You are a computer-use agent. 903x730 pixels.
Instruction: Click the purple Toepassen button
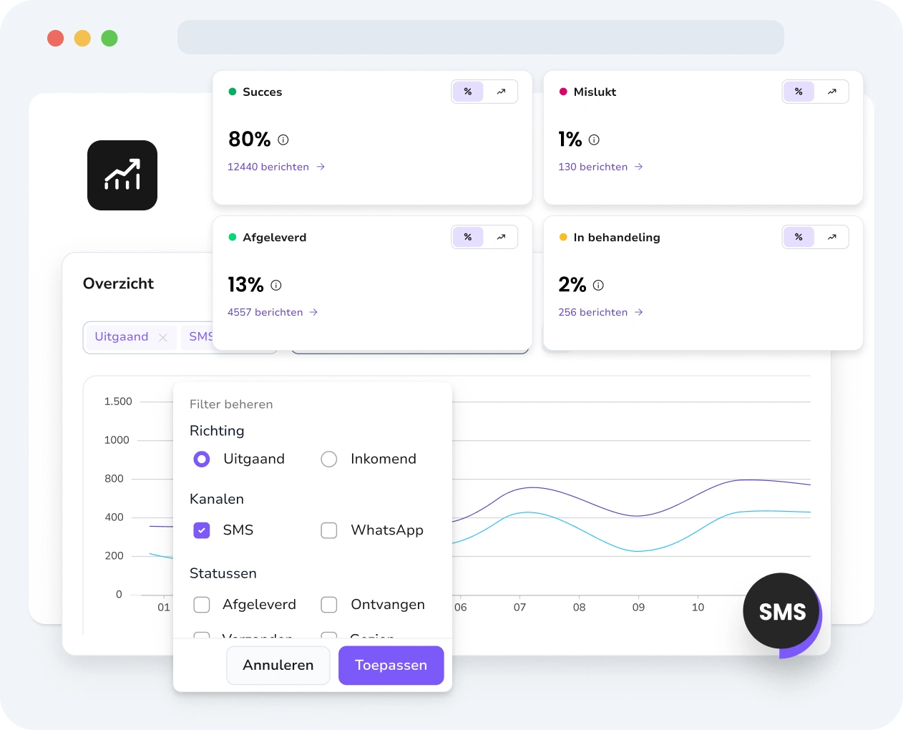click(391, 665)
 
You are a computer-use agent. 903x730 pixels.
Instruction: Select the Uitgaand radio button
click(202, 459)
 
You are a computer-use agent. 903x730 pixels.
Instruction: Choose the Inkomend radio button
click(329, 459)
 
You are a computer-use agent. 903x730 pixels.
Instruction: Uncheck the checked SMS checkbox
click(202, 530)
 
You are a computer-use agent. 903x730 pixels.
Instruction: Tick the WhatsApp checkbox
click(329, 530)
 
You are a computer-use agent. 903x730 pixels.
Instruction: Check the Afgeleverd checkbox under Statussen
click(202, 605)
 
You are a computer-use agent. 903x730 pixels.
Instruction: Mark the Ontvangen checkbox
click(329, 605)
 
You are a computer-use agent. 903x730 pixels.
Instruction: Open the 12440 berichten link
click(275, 167)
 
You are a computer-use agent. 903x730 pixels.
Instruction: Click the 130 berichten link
click(600, 167)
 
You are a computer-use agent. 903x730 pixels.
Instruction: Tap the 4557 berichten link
click(272, 312)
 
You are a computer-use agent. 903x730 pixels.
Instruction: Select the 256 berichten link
click(600, 312)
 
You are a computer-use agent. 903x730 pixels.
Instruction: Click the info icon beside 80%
click(283, 140)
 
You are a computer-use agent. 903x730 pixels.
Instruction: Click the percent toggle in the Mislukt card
click(799, 92)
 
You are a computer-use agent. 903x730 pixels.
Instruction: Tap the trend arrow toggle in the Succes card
click(501, 92)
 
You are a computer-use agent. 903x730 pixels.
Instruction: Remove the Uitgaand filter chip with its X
click(163, 337)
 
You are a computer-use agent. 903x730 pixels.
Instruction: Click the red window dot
click(55, 38)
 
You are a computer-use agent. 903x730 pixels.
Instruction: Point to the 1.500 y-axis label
click(118, 401)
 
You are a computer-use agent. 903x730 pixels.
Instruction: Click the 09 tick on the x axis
click(638, 607)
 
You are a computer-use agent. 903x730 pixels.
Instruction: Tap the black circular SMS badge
click(781, 611)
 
